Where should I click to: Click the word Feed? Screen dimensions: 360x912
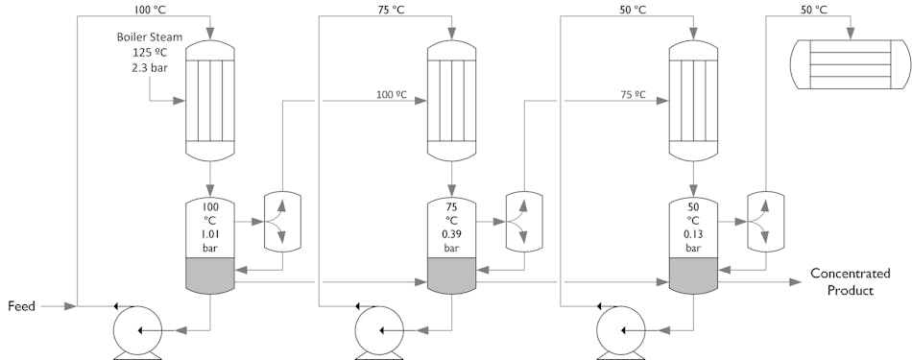(22, 306)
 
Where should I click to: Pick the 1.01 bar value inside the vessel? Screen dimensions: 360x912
(209, 233)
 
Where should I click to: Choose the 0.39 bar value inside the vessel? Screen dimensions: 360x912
(451, 233)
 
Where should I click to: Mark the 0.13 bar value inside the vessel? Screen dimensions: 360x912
(693, 233)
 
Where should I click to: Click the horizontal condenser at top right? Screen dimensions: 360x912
(850, 64)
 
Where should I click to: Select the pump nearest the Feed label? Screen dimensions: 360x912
(136, 330)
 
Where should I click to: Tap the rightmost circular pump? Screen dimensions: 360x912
(620, 330)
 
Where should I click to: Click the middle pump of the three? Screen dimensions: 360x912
(378, 330)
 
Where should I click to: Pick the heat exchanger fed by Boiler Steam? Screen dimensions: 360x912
(209, 100)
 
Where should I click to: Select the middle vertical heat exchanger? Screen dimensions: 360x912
(451, 100)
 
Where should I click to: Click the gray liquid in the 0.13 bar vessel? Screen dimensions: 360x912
(693, 276)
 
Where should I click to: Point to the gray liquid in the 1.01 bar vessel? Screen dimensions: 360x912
(209, 276)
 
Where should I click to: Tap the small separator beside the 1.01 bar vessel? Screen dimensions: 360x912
(282, 222)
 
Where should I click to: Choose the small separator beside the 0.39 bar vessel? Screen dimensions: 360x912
(524, 222)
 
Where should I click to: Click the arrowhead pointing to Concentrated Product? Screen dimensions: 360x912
(796, 282)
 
